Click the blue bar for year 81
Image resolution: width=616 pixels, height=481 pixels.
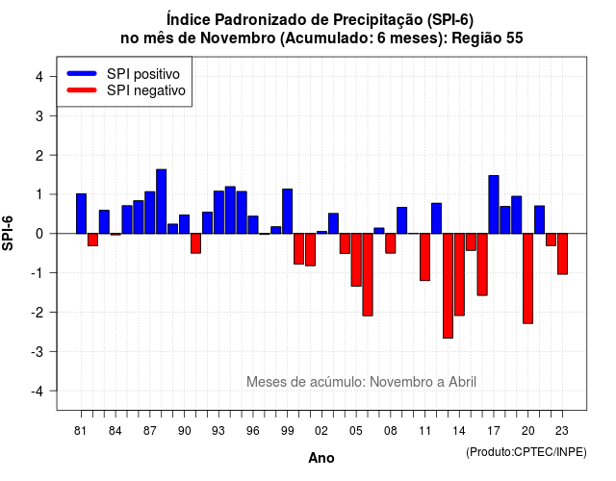pos(81,214)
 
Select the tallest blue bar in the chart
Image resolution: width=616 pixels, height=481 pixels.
pos(161,201)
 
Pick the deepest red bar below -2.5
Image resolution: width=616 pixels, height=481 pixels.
pos(448,286)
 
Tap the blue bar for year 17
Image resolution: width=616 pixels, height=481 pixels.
pos(494,205)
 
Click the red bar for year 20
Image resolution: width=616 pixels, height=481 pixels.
pos(528,278)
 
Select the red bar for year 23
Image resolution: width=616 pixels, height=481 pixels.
pos(562,254)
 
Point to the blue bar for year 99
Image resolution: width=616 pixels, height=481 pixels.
pos(287,212)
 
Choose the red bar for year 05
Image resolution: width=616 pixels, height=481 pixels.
pos(356,260)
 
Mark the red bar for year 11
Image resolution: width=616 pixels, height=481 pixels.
pos(424,257)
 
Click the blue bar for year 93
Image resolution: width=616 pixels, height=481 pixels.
pos(218,213)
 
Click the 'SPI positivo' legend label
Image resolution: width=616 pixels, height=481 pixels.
pos(143,74)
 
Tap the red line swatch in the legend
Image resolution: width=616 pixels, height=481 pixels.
pos(82,90)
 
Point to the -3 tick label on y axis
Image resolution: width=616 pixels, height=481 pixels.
pos(38,351)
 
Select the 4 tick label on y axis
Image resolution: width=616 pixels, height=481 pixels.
pos(39,76)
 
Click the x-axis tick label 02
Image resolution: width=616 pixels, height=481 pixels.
pos(321,431)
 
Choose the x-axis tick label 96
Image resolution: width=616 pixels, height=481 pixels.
pos(252,431)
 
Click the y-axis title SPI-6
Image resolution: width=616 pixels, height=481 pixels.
pos(8,233)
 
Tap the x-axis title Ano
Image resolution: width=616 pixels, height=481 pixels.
pos(321,458)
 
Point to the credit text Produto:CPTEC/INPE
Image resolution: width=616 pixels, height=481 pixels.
pos(526,452)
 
